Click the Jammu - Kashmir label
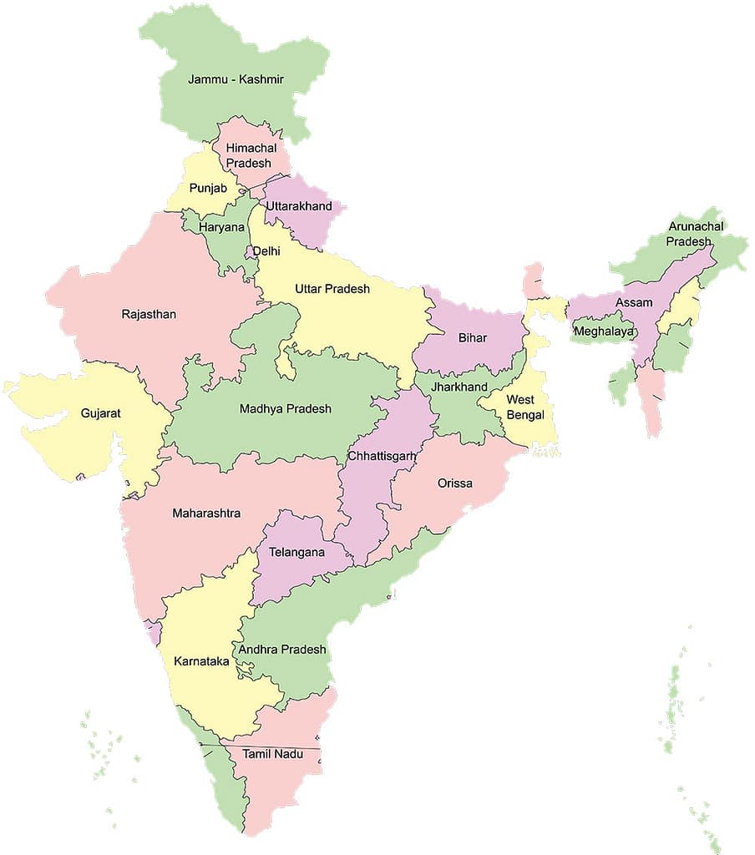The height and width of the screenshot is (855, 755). pyautogui.click(x=236, y=79)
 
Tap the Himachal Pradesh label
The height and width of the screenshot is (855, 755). pyautogui.click(x=248, y=155)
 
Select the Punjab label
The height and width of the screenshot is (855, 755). pyautogui.click(x=208, y=188)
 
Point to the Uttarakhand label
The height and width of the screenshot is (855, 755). pyautogui.click(x=299, y=206)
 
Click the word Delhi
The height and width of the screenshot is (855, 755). pyautogui.click(x=266, y=250)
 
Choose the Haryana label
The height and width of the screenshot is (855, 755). pyautogui.click(x=221, y=227)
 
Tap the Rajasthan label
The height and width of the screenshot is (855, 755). pyautogui.click(x=149, y=314)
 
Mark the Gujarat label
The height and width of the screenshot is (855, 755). pyautogui.click(x=101, y=412)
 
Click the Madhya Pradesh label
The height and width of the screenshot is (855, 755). pyautogui.click(x=286, y=408)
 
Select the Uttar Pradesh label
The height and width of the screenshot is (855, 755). pyautogui.click(x=332, y=289)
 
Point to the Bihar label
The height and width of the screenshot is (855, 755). pyautogui.click(x=474, y=338)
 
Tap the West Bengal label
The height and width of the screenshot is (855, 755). pyautogui.click(x=524, y=407)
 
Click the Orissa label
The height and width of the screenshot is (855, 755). pyautogui.click(x=454, y=483)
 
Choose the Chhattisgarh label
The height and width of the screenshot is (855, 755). pyautogui.click(x=382, y=455)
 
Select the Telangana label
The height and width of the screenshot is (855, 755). pyautogui.click(x=296, y=552)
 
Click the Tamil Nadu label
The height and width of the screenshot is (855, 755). pyautogui.click(x=271, y=754)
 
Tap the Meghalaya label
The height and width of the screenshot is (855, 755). pyautogui.click(x=603, y=331)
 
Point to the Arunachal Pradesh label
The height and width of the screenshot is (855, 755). pyautogui.click(x=696, y=234)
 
